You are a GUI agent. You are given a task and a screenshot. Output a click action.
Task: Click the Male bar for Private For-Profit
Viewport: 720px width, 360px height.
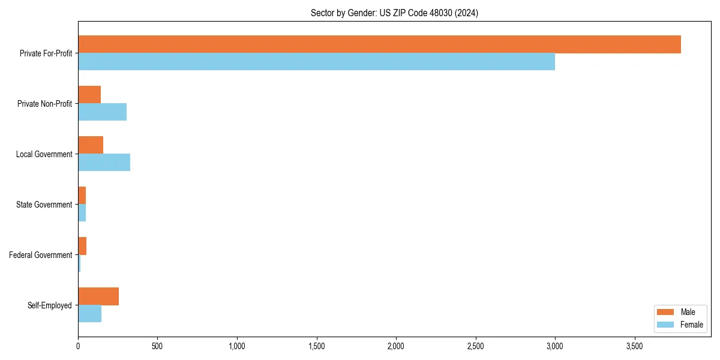(x=379, y=44)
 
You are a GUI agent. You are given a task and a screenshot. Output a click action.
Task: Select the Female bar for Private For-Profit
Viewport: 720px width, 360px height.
(x=316, y=62)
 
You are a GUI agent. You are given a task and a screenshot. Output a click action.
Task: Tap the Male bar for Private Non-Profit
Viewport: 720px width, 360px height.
(x=89, y=95)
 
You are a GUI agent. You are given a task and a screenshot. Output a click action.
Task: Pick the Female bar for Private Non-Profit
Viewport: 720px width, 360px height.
(x=102, y=112)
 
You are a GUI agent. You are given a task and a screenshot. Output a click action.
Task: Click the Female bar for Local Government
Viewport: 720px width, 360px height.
(x=104, y=163)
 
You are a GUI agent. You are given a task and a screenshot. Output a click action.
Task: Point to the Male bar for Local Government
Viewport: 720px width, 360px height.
(x=91, y=145)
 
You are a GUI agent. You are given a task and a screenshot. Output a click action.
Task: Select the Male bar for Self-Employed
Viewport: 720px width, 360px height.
(x=98, y=296)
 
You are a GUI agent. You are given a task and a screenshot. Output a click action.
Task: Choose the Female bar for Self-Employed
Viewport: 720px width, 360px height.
(x=89, y=314)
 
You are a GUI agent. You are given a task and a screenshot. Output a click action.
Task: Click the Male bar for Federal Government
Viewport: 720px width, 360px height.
(x=82, y=246)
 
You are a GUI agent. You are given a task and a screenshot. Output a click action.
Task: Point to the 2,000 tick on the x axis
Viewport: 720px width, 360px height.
(x=396, y=346)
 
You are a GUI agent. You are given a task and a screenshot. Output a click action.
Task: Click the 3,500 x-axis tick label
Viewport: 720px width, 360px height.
(x=634, y=346)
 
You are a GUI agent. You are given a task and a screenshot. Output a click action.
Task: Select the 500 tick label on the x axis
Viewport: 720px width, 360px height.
(x=157, y=346)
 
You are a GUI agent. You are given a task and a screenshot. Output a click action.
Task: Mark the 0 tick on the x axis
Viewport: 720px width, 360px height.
(x=78, y=346)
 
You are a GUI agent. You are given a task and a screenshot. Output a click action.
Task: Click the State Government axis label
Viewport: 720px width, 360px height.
(x=44, y=205)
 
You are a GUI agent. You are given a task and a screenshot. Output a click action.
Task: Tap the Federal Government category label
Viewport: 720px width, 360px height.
(x=40, y=255)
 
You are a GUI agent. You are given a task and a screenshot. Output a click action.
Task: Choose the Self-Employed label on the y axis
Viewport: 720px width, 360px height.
(x=49, y=305)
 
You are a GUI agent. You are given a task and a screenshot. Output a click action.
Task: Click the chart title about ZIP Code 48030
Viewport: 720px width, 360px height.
(x=394, y=13)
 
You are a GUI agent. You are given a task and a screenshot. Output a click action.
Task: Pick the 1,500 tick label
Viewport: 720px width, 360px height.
(x=316, y=346)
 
